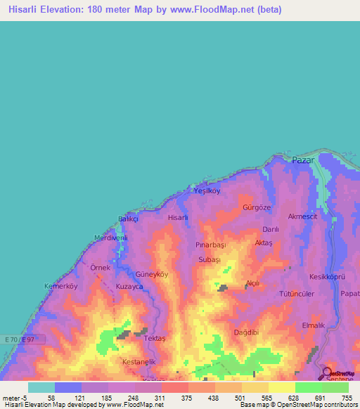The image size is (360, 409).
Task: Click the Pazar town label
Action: click(303, 161)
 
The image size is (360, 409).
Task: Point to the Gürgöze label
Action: click(256, 209)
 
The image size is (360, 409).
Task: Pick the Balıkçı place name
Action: click(129, 219)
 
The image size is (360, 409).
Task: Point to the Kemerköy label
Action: click(59, 286)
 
